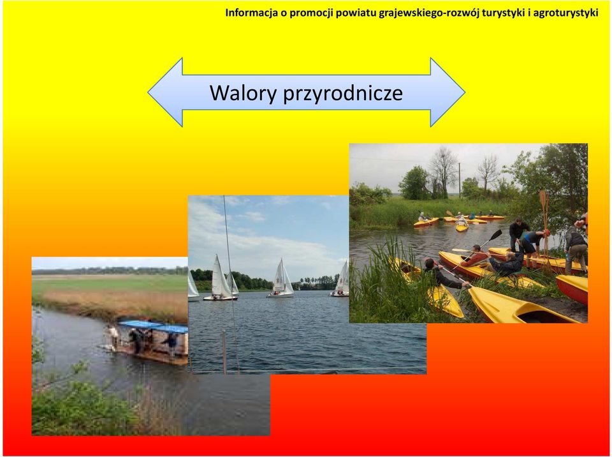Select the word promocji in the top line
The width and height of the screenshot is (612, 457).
[x=311, y=13]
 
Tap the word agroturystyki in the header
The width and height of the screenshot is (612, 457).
[x=565, y=13]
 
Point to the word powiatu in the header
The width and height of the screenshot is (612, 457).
[x=356, y=13]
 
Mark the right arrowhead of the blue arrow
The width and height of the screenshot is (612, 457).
[x=448, y=93]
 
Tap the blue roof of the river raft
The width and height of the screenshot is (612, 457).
[x=153, y=326]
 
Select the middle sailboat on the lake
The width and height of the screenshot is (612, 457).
[x=281, y=278]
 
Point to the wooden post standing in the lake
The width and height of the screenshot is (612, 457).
[x=224, y=352]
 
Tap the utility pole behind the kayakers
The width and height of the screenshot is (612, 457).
[x=460, y=180]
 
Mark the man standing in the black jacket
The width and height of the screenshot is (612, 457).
[x=518, y=234]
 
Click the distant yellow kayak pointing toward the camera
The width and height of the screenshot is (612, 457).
[x=462, y=226]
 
